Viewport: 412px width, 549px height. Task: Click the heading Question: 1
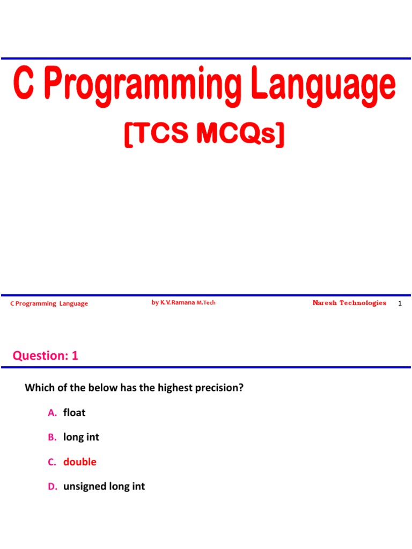46,355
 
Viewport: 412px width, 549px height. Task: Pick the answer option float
74,412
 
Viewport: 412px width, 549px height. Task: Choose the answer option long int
81,437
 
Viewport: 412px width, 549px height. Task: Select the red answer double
80,462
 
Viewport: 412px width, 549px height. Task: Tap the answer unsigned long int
104,486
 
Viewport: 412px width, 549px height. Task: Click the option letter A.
51,412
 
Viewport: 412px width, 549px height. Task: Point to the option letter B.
51,437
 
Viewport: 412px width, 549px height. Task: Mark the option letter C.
51,462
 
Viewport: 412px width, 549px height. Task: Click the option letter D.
51,486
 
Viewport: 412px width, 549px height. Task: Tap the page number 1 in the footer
400,304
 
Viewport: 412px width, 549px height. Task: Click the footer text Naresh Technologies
349,303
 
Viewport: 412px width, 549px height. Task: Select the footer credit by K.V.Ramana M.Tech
183,303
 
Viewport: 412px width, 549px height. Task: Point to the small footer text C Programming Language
49,304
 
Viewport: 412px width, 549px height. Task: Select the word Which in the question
38,388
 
